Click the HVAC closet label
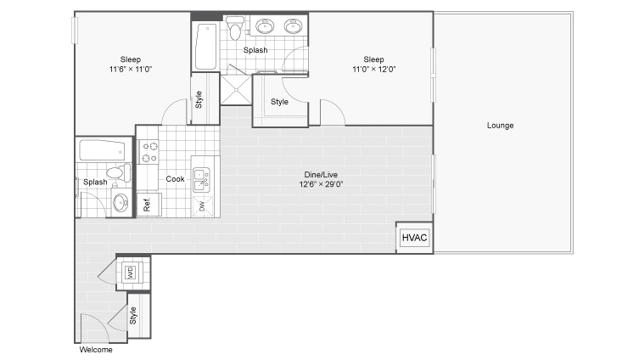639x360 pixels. [x=414, y=238]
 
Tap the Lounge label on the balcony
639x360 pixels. [x=500, y=126]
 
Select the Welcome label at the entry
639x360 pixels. [x=96, y=350]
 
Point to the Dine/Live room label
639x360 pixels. [x=321, y=175]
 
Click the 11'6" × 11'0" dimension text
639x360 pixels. [x=131, y=70]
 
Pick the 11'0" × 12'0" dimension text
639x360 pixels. [x=373, y=70]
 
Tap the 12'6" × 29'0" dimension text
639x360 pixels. [x=321, y=184]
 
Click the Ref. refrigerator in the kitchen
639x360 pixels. [x=149, y=205]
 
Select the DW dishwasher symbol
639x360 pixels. [x=203, y=206]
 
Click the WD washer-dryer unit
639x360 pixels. [x=131, y=272]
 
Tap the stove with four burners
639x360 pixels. [x=149, y=152]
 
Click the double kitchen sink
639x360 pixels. [x=201, y=180]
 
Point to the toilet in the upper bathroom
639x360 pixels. [x=235, y=28]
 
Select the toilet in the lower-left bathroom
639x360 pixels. [x=119, y=172]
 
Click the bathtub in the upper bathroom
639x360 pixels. [x=205, y=47]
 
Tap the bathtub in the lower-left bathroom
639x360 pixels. [x=102, y=150]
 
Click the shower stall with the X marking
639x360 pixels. [x=237, y=90]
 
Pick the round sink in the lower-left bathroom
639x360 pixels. [x=121, y=202]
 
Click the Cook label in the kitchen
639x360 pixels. [x=175, y=179]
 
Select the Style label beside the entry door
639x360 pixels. [x=133, y=316]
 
